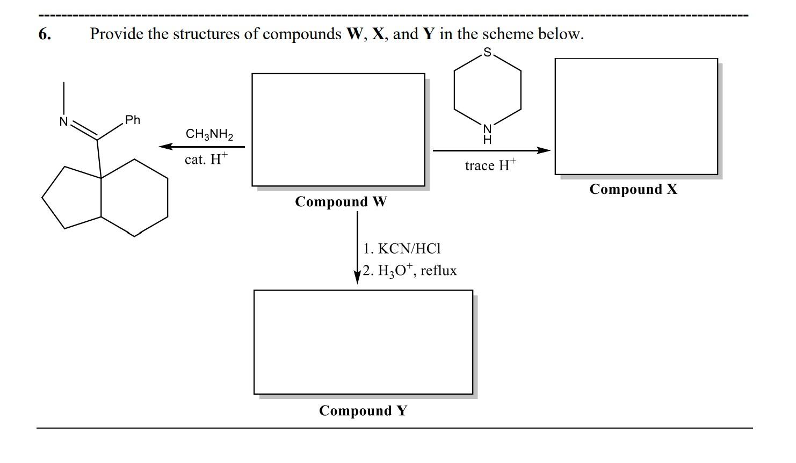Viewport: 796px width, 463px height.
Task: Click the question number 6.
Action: tap(45, 34)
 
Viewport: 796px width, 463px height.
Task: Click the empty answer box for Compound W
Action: tap(338, 129)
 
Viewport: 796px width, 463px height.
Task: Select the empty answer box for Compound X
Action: tap(636, 116)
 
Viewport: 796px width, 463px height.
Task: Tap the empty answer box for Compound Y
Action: tap(363, 342)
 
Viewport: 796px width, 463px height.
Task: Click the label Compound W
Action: tap(341, 202)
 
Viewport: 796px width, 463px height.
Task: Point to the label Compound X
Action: tap(633, 190)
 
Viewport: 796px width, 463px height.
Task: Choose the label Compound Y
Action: tap(363, 411)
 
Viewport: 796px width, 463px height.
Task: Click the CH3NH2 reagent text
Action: tap(209, 134)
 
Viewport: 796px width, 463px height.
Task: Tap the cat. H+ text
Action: tap(206, 159)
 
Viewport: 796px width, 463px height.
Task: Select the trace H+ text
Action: tap(490, 165)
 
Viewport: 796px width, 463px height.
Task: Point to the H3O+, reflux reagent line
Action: tap(409, 270)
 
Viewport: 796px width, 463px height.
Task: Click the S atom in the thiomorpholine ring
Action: tap(487, 52)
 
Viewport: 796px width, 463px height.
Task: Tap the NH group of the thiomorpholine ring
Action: tap(487, 134)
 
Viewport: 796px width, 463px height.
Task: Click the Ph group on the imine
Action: tap(132, 120)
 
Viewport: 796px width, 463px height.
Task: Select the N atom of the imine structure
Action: tap(64, 122)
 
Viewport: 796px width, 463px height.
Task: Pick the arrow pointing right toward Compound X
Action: tap(491, 150)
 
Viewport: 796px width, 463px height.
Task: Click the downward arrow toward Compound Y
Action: tap(357, 247)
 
